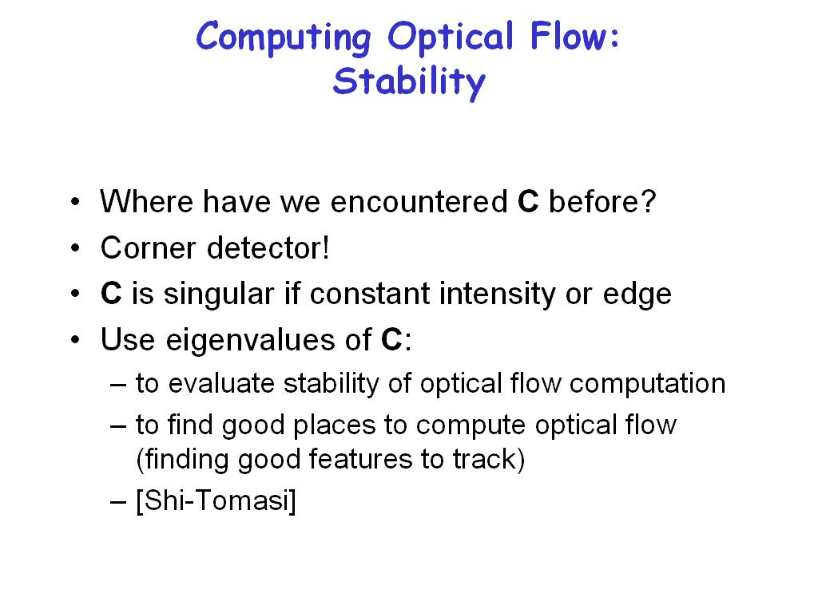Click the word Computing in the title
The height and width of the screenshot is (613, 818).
click(284, 38)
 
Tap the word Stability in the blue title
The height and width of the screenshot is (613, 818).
click(409, 82)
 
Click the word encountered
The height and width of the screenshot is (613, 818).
click(419, 202)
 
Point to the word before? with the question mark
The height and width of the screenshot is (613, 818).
click(602, 202)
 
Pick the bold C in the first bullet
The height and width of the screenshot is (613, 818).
click(528, 202)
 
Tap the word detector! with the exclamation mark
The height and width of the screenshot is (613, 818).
click(268, 247)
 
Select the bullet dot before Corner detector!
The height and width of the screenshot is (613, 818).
click(76, 248)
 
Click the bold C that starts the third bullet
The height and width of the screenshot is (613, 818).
click(111, 294)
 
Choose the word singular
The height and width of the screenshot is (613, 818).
click(219, 295)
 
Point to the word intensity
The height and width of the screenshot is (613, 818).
click(498, 295)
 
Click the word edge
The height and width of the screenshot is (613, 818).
click(637, 295)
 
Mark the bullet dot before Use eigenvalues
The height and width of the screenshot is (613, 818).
click(76, 340)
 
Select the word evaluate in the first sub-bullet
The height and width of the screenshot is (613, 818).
click(221, 384)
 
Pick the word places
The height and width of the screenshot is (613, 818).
click(335, 426)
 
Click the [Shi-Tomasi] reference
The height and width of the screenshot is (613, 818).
click(216, 501)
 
